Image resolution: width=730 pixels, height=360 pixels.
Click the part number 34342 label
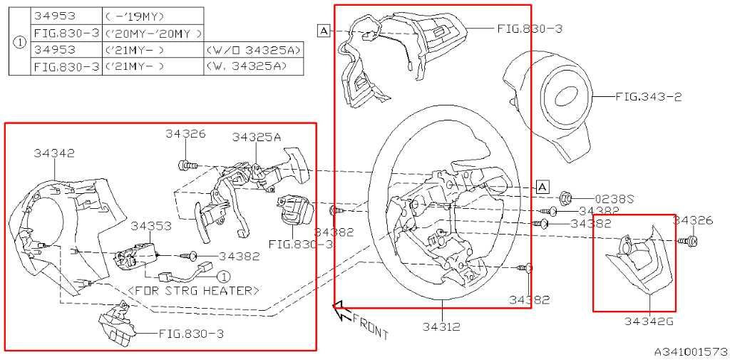tap(54, 153)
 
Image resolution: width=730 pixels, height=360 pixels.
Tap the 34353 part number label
tap(151, 226)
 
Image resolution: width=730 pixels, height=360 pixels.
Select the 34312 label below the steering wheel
tap(442, 327)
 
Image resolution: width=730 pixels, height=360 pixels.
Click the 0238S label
tap(615, 200)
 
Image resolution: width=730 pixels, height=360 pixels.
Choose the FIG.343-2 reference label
tap(649, 97)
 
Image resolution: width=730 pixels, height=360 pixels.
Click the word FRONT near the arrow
tap(371, 326)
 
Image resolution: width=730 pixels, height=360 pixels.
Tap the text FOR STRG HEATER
tap(194, 291)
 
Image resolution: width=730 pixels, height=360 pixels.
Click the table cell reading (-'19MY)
tap(134, 16)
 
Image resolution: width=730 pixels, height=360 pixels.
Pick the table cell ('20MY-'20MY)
tap(154, 33)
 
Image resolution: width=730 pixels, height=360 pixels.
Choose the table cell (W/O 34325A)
tap(253, 50)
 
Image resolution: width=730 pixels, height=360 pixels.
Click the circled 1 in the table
tap(19, 42)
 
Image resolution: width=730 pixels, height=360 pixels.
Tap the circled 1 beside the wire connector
tap(225, 277)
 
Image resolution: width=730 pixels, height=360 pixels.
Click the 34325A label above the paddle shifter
tap(257, 137)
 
